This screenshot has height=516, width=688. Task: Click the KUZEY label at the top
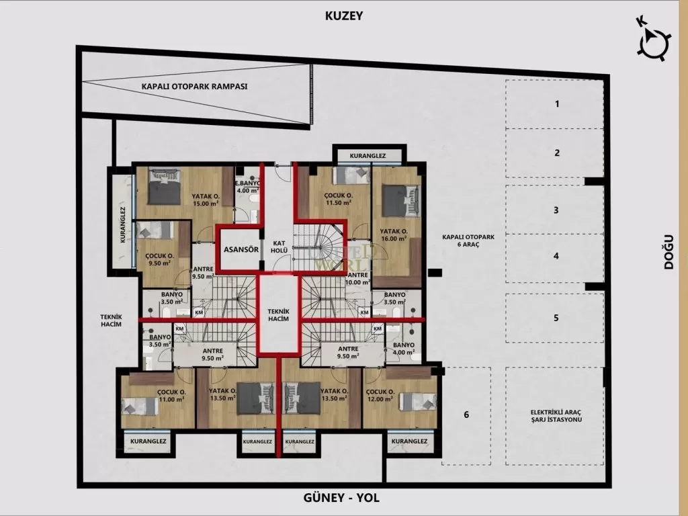click(343, 15)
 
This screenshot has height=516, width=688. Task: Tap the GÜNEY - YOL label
click(343, 498)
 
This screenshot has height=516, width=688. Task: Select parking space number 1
click(556, 104)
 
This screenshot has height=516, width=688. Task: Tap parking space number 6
click(466, 415)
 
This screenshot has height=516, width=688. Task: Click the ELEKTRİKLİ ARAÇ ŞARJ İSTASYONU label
click(556, 415)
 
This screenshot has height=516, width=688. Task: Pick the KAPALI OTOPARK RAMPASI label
click(194, 87)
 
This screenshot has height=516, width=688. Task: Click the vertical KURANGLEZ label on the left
click(123, 224)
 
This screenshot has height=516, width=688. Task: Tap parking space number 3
click(556, 210)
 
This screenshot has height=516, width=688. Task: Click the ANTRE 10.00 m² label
click(357, 278)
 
